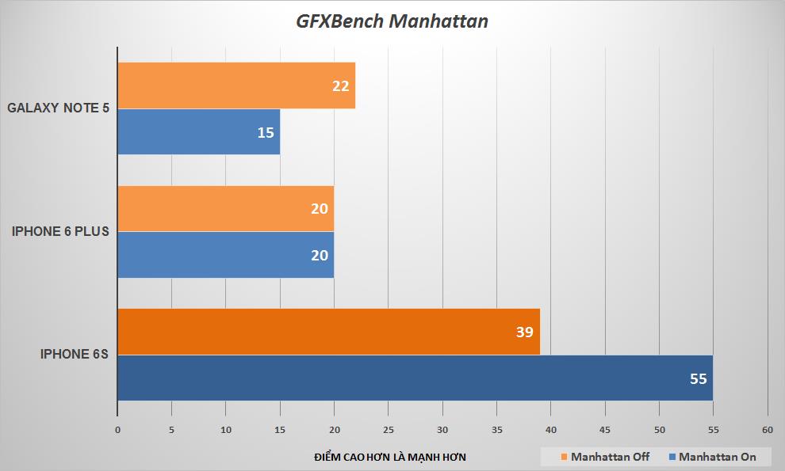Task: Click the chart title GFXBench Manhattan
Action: (392, 21)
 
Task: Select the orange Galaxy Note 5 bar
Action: (235, 85)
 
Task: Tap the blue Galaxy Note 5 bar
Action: (198, 131)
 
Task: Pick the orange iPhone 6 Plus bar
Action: (225, 209)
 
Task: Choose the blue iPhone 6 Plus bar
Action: (225, 255)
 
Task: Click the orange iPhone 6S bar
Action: (328, 332)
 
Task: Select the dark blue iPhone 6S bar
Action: (415, 378)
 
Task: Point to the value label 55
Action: (698, 379)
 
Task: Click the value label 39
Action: (524, 332)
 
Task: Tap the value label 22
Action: (341, 85)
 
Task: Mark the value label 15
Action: (266, 132)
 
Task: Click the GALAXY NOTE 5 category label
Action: (59, 108)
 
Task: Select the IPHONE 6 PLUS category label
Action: (60, 232)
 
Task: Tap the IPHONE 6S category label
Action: (74, 355)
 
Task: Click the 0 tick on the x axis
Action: (117, 430)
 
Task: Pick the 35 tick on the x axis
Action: (496, 430)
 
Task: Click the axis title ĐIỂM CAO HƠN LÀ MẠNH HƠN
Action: (389, 458)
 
